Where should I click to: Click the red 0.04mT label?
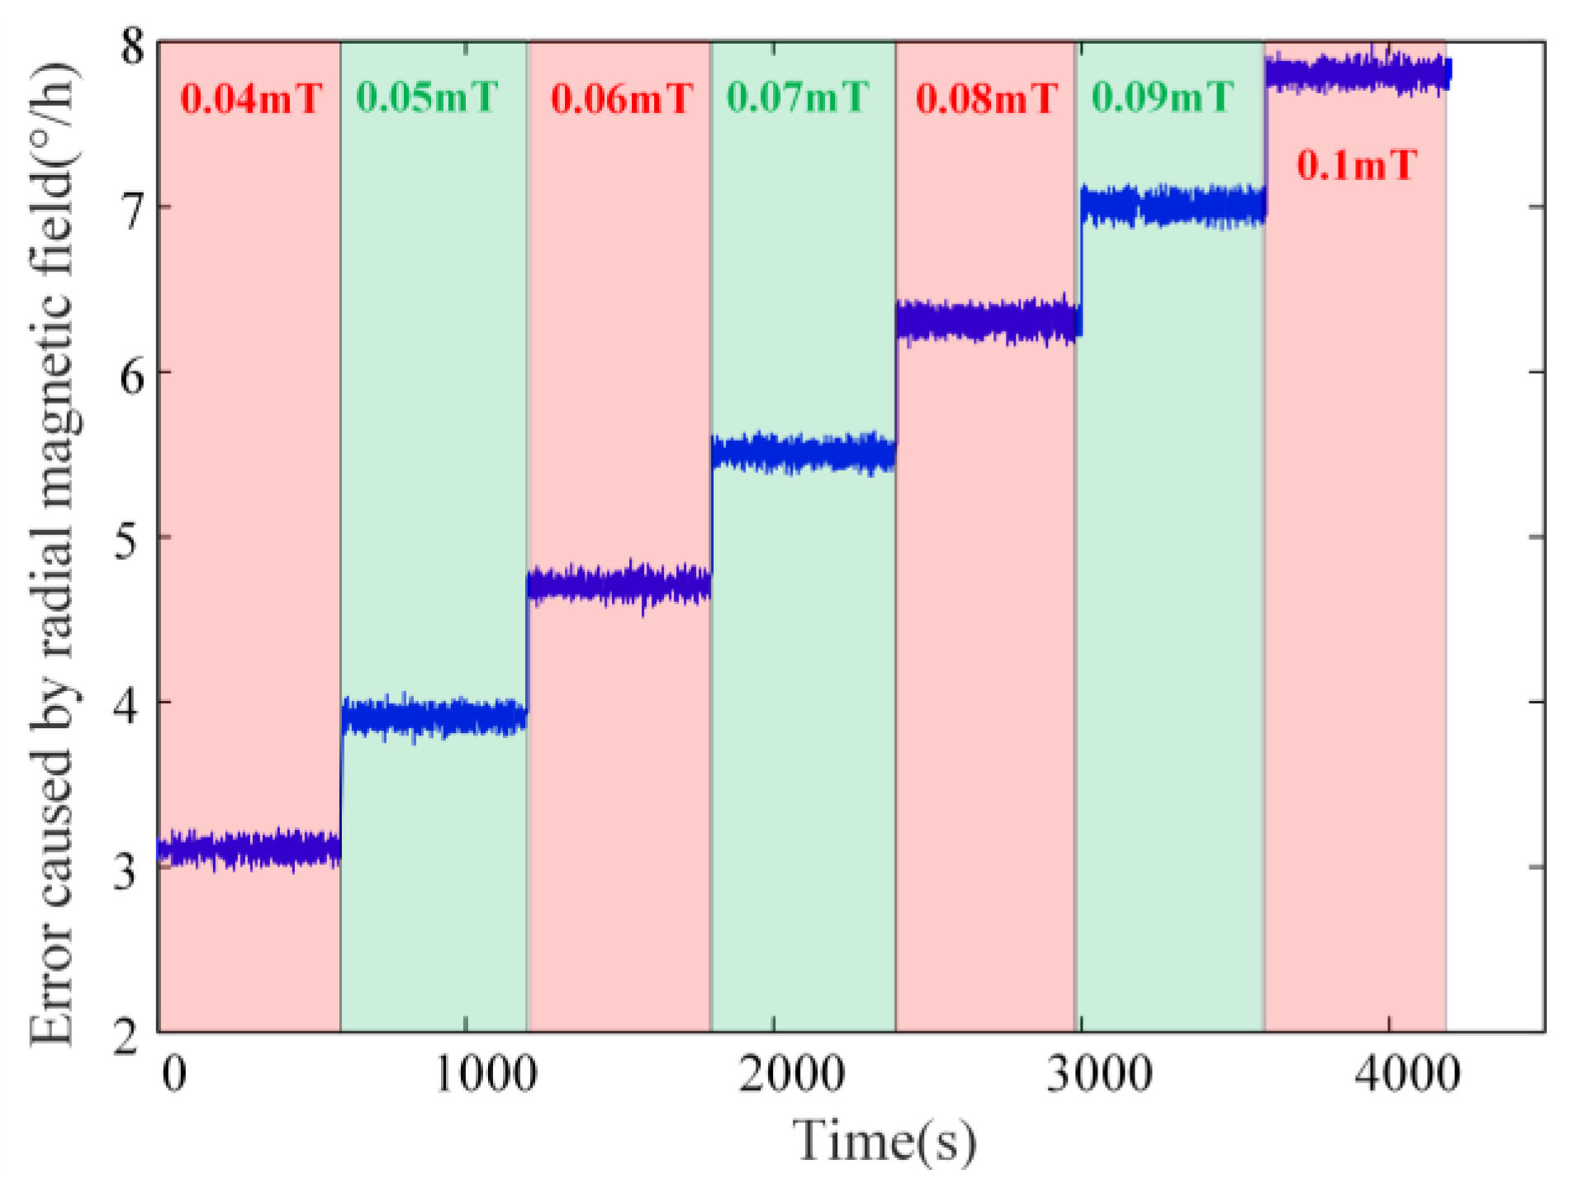click(251, 99)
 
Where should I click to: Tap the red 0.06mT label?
click(621, 99)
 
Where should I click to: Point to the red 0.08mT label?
click(986, 99)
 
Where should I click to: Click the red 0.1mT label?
click(1356, 165)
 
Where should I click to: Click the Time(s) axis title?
click(884, 1141)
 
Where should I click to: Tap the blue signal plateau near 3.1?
click(248, 849)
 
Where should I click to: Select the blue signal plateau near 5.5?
click(803, 453)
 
